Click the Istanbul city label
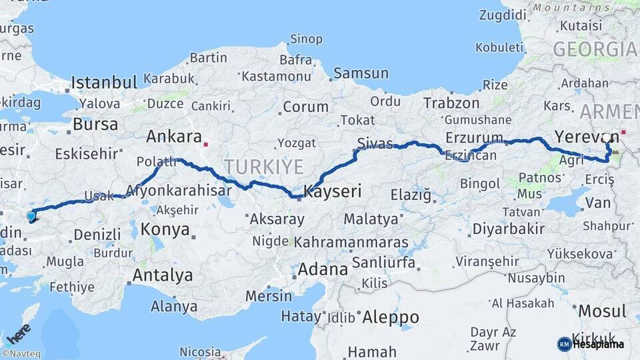[x=104, y=83]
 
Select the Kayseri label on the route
[x=332, y=192]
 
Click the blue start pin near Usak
[x=31, y=215]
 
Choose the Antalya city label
[x=163, y=275]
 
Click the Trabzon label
[x=451, y=103]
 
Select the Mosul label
[x=602, y=311]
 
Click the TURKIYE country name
[x=263, y=166]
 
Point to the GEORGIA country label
[x=594, y=49]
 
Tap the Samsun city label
[x=361, y=73]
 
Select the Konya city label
[x=165, y=230]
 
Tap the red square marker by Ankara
[x=207, y=143]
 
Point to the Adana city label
[x=323, y=269]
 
